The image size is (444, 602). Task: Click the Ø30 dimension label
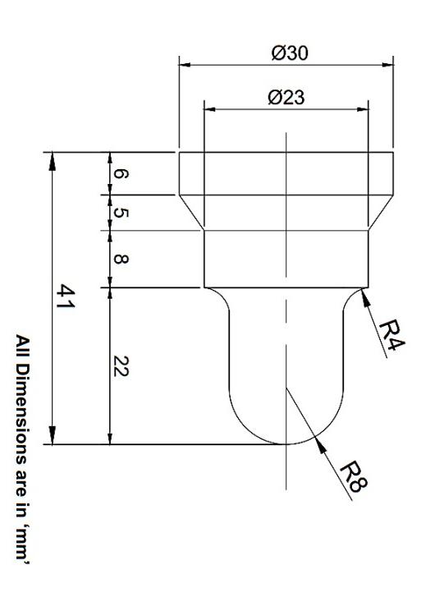[286, 53]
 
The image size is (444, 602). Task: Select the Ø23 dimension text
[286, 96]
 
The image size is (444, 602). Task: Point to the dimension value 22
[120, 366]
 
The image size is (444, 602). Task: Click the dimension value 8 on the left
[120, 259]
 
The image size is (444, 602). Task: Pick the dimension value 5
[120, 213]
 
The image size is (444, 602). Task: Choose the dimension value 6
[120, 173]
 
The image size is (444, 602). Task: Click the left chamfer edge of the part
[191, 213]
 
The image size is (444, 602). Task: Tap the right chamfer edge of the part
[380, 213]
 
